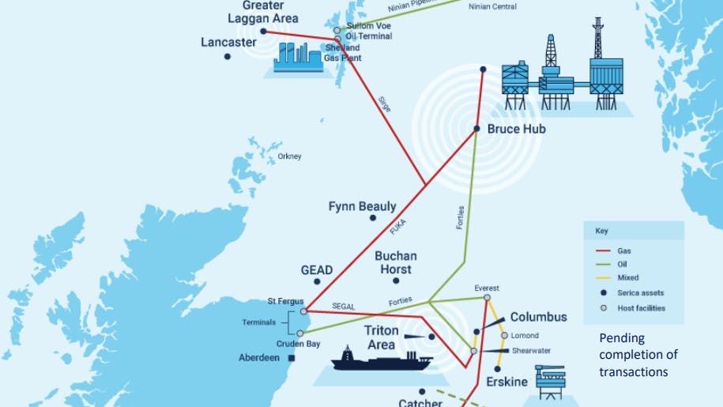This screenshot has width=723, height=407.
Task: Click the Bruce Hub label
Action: click(516, 129)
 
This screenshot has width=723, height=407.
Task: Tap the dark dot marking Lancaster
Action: click(228, 57)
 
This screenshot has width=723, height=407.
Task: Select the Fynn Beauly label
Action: click(362, 207)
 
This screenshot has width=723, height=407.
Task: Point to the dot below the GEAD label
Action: click(318, 281)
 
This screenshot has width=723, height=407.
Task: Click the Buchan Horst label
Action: click(396, 262)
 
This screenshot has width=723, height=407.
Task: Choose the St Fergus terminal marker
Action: click(303, 311)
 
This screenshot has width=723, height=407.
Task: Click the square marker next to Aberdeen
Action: click(292, 358)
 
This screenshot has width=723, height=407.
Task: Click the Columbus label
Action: click(538, 317)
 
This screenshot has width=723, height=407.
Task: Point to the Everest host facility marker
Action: click(487, 298)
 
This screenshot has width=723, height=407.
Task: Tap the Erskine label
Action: click(506, 383)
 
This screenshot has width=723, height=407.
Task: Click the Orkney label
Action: click(289, 156)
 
